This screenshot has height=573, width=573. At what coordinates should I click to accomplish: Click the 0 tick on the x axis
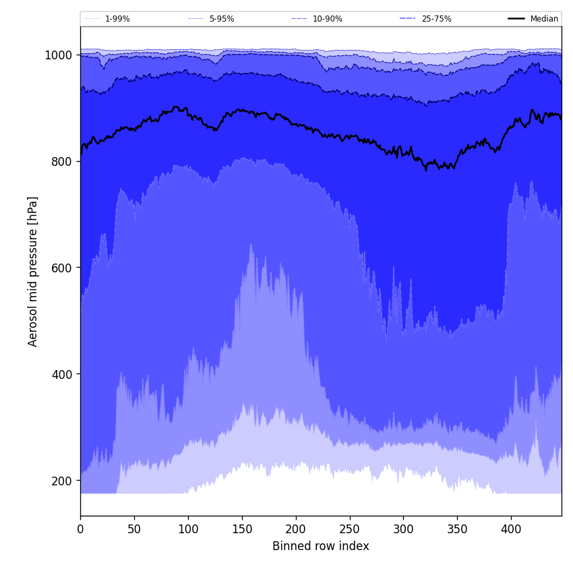coord(80,529)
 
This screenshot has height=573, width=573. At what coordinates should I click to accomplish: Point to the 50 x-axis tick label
coord(134,529)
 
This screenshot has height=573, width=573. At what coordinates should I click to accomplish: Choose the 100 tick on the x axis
coord(188,529)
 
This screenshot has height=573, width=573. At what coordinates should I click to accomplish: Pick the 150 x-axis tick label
coord(242,529)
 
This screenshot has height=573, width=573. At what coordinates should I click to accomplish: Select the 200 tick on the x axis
coord(296,529)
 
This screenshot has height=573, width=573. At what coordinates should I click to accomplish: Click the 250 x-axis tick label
coord(349,529)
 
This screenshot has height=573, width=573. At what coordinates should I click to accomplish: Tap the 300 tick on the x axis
coord(403,529)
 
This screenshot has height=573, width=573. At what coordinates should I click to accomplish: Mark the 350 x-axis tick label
coord(457,529)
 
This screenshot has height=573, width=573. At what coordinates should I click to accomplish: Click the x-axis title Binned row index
coord(321,546)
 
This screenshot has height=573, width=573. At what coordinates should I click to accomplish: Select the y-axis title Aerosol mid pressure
coord(33,271)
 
